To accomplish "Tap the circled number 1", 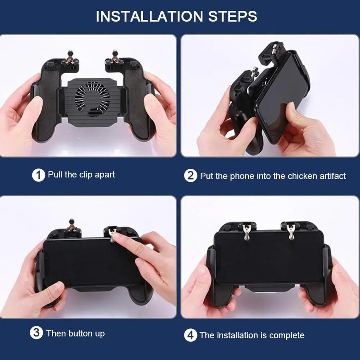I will [38, 176].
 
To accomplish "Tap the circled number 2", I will [191, 176].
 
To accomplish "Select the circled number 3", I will [36, 333].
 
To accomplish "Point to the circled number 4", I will [191, 336].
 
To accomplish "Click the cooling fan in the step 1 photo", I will [92, 97].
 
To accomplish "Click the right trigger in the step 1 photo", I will [115, 58].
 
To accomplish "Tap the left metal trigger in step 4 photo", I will [246, 232].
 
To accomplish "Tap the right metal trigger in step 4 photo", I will [291, 232].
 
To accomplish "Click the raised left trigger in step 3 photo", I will [72, 227].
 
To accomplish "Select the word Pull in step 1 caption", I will [55, 175].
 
